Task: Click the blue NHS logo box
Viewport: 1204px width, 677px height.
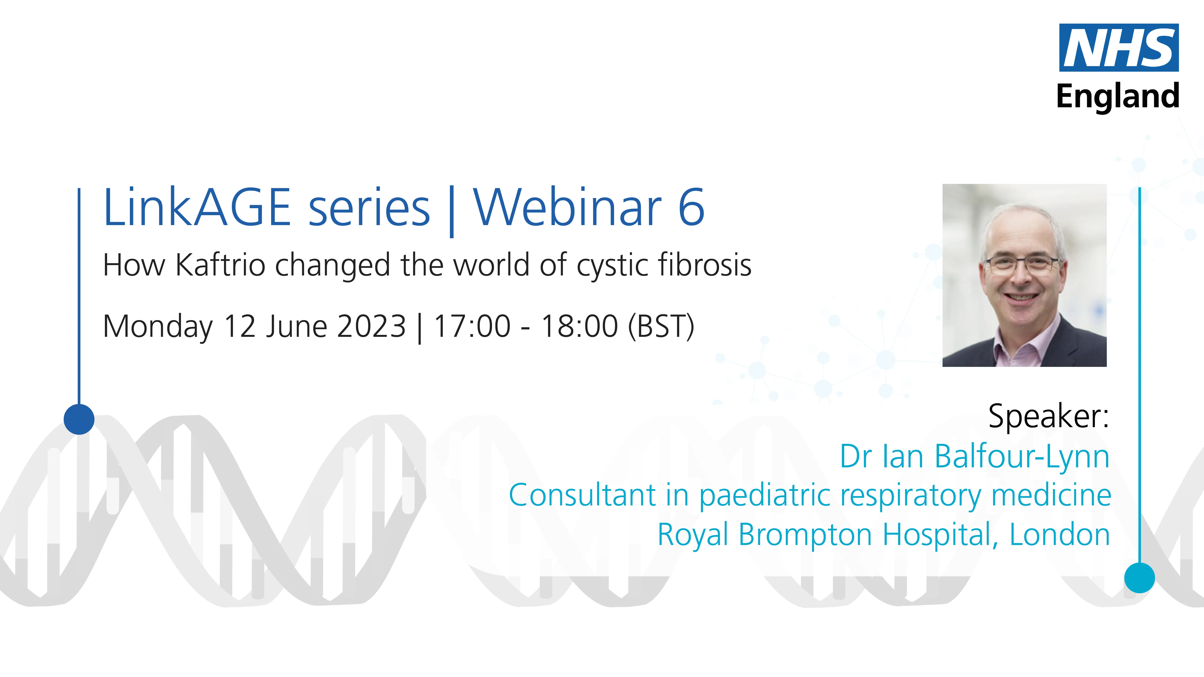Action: click(x=1118, y=48)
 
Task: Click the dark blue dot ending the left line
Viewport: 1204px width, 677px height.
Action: click(x=79, y=419)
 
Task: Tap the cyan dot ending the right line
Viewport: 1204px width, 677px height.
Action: click(x=1140, y=578)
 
